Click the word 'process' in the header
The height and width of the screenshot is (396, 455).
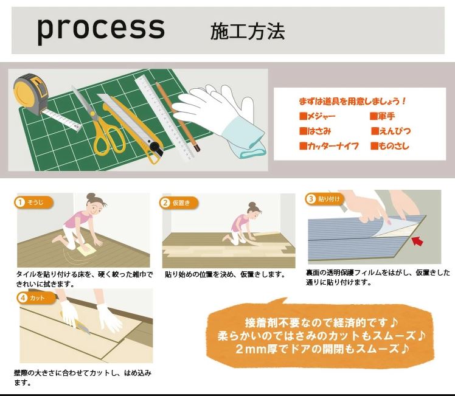point(100,29)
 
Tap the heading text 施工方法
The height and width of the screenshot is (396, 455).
point(247,31)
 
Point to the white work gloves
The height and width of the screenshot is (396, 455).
point(222,119)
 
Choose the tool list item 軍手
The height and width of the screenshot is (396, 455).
point(383,116)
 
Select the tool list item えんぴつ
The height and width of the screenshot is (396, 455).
point(391,131)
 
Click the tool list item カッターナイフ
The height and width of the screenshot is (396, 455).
point(328,146)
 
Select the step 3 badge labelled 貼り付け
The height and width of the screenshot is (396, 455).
point(324,199)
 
